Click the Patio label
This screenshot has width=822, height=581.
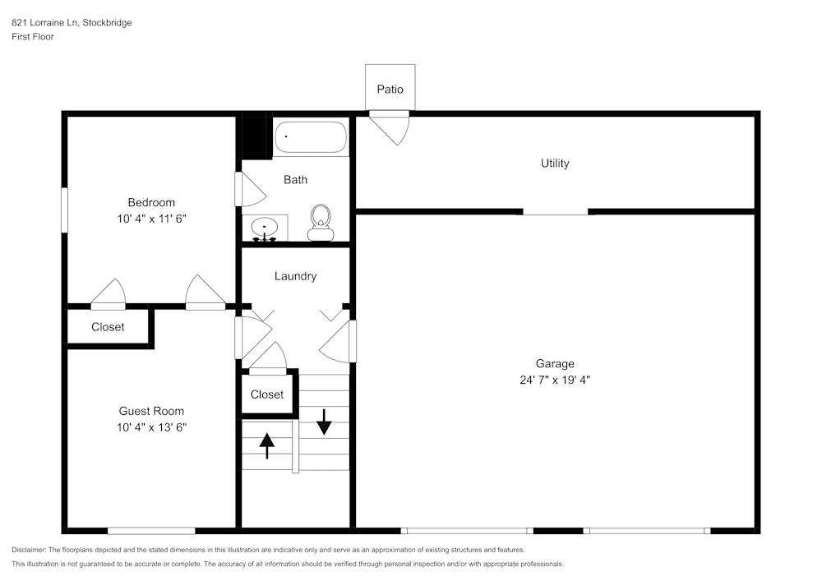click(x=390, y=89)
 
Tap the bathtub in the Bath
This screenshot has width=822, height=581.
click(x=311, y=136)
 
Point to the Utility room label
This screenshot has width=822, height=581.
click(x=555, y=164)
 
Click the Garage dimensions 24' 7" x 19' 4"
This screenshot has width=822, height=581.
click(x=554, y=380)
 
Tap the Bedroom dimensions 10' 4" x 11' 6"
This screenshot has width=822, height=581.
click(x=150, y=219)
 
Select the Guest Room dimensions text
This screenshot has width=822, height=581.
click(x=150, y=427)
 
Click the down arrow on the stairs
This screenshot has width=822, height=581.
click(x=324, y=421)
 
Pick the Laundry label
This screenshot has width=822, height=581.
click(x=295, y=276)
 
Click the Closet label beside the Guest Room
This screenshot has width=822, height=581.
click(x=108, y=327)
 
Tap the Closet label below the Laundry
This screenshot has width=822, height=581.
click(x=267, y=394)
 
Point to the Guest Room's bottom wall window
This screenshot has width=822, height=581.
click(x=151, y=531)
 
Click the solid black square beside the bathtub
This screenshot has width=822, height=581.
click(x=254, y=136)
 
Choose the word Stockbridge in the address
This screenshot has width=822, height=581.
click(x=107, y=23)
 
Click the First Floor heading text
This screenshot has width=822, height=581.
click(x=33, y=37)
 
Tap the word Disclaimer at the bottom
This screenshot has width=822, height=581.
click(x=29, y=550)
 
